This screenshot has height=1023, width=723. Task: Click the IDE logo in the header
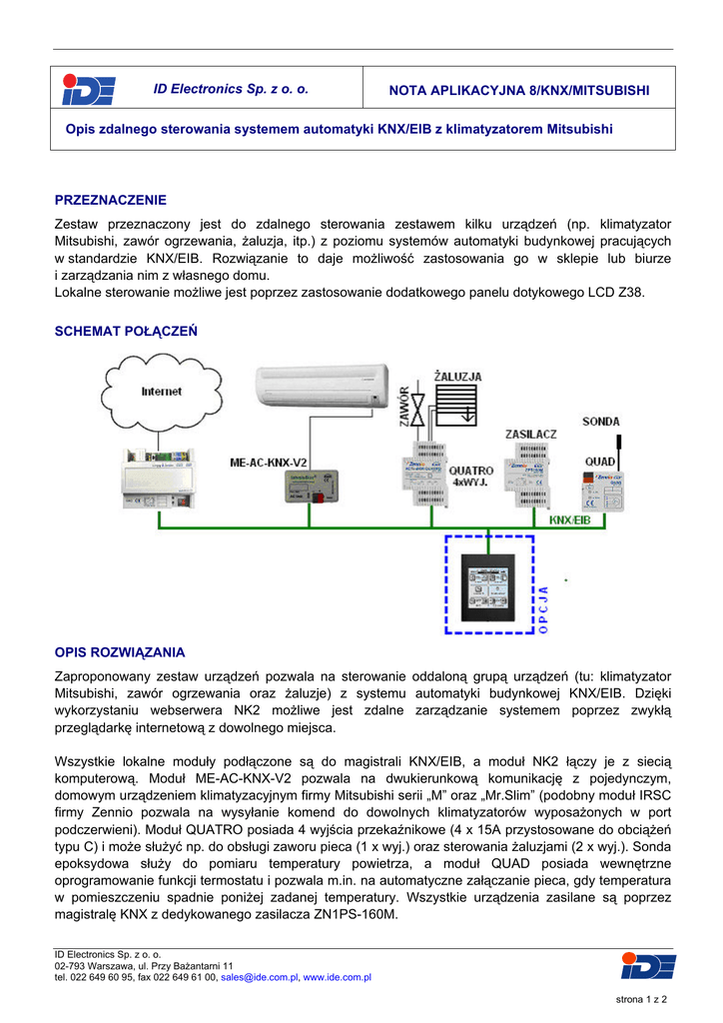[89, 90]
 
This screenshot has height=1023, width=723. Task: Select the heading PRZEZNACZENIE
[110, 200]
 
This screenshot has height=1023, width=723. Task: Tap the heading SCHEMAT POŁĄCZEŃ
[126, 331]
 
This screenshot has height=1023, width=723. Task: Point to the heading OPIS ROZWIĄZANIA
[119, 652]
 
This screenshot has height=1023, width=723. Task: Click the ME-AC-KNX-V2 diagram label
[268, 463]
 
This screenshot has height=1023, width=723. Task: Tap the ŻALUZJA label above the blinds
[457, 377]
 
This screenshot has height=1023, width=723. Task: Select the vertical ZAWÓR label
[403, 409]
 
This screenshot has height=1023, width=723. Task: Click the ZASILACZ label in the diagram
[530, 435]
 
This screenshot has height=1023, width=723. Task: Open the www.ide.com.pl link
[338, 977]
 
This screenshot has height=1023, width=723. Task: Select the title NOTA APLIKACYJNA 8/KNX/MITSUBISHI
[518, 91]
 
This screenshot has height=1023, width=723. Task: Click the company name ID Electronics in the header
[231, 90]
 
